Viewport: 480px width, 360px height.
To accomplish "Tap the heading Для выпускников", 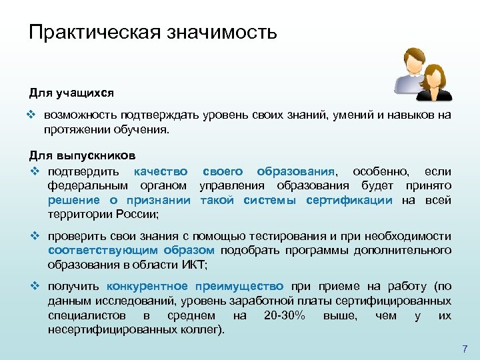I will pyautogui.click(x=83, y=155).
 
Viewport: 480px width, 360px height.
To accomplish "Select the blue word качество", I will pyautogui.click(x=160, y=171).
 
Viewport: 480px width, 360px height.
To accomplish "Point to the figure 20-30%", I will pyautogui.click(x=285, y=315).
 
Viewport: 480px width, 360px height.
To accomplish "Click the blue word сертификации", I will pyautogui.click(x=349, y=200).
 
